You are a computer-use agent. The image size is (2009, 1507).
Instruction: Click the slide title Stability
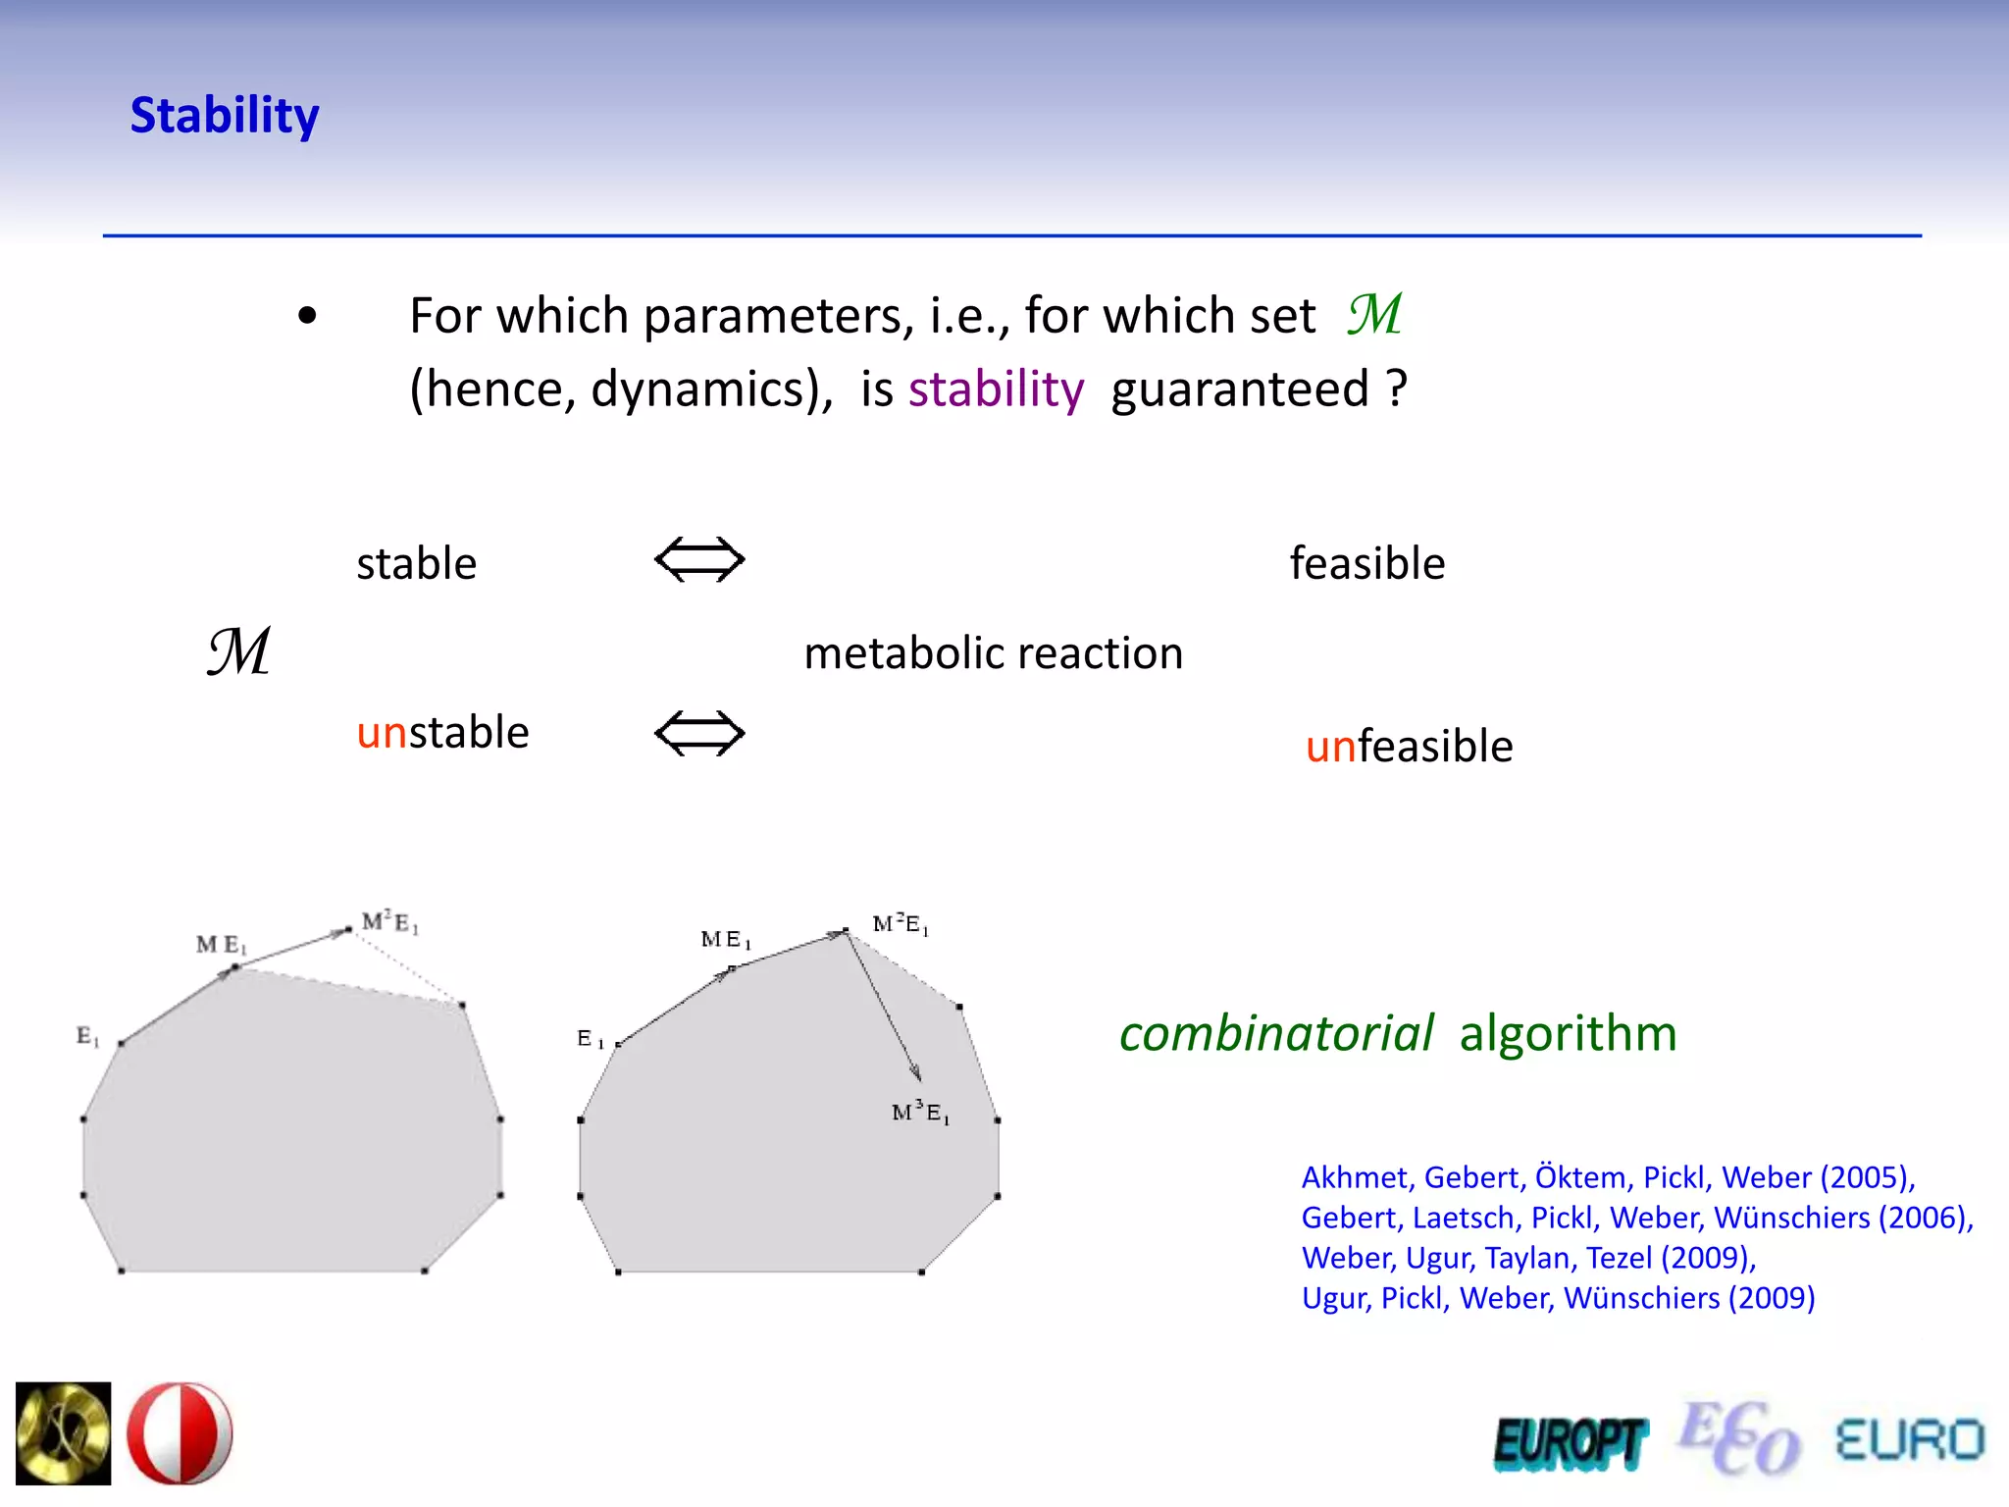coord(225,116)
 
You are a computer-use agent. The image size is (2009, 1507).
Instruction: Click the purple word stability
coord(996,390)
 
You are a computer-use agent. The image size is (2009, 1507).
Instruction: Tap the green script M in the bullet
coord(1374,315)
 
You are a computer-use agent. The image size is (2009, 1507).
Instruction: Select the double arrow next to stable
coord(699,560)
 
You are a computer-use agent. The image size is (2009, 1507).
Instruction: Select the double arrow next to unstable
coord(699,734)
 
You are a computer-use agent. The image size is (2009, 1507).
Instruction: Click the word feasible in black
coord(1366,564)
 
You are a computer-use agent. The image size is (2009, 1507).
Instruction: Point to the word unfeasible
coord(1409,747)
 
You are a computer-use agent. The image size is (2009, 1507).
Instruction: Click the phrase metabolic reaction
coord(993,653)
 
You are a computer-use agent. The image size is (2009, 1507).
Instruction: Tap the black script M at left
coord(238,651)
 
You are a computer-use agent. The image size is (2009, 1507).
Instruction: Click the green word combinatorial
coord(1275,1034)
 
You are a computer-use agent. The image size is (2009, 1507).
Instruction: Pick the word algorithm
coord(1568,1034)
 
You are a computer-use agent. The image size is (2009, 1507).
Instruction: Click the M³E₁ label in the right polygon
coord(920,1113)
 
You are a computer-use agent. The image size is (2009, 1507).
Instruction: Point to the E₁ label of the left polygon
coord(87,1036)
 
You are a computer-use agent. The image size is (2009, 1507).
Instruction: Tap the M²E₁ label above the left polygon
coord(389,922)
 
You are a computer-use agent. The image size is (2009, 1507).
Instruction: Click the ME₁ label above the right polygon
coord(726,940)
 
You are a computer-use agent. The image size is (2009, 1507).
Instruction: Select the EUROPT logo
coord(1569,1443)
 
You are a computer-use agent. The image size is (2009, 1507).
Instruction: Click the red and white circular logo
coord(180,1433)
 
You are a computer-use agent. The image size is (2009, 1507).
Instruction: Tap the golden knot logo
coord(64,1433)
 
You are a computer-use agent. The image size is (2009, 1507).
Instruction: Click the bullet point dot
coord(308,316)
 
